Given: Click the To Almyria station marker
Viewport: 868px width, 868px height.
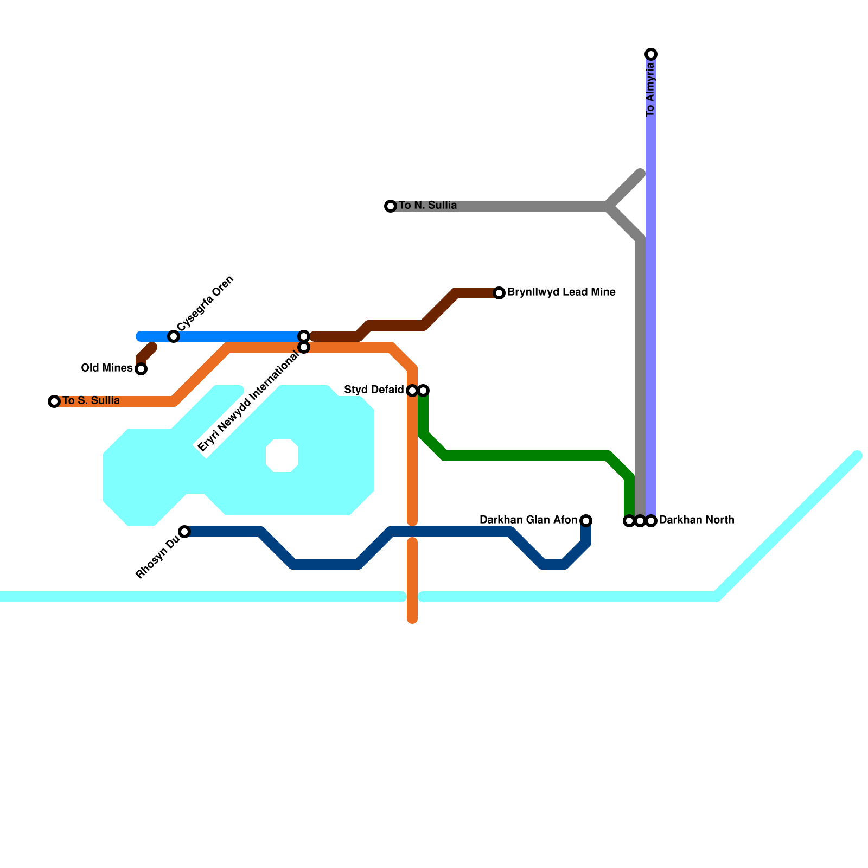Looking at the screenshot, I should tap(651, 54).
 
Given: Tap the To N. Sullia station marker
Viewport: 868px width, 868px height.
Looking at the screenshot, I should tap(391, 206).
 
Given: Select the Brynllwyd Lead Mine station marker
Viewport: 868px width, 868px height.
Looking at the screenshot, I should tap(499, 293).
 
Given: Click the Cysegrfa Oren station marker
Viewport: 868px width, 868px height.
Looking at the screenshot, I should tap(174, 336).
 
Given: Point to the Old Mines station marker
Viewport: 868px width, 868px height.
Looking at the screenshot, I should tap(141, 369).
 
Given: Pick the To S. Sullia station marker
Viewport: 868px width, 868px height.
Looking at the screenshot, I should tap(54, 401).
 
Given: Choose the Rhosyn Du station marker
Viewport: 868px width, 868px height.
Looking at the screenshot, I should tap(184, 532).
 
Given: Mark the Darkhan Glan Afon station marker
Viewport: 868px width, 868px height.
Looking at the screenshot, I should tap(586, 521).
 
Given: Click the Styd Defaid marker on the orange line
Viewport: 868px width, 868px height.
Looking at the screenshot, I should tap(412, 391).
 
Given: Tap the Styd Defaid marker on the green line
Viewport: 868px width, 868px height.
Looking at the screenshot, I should tap(423, 391).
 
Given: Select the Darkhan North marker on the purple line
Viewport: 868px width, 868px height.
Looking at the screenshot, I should tap(651, 521).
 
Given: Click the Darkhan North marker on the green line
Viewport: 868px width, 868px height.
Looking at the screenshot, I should tap(629, 521).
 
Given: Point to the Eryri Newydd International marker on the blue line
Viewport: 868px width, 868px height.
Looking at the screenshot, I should tap(304, 336).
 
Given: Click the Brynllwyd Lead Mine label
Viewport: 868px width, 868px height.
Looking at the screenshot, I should tap(561, 292).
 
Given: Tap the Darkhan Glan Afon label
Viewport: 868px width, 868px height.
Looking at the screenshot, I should tap(528, 520).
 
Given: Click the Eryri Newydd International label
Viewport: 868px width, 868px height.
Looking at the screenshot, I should tap(248, 401).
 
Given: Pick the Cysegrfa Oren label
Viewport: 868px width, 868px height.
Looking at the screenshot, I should tap(206, 303).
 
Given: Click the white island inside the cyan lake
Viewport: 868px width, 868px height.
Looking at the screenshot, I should tap(282, 456).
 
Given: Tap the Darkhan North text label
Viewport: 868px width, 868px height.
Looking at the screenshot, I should tap(697, 520).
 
